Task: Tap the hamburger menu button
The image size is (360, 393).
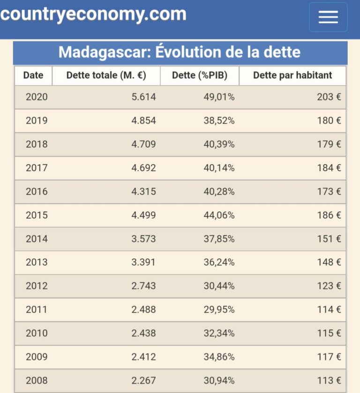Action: pos(328,17)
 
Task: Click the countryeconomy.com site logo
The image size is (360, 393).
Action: pos(93,15)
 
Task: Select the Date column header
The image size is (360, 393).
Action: pos(33,75)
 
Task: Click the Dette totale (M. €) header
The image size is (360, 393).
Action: pos(106,75)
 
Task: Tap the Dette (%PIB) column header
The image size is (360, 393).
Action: pos(200,75)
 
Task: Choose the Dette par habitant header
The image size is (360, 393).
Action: pos(292,75)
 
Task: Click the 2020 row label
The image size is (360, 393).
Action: pos(37,97)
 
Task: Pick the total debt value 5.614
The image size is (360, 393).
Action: pos(143,97)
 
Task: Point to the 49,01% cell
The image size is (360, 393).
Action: pos(219,97)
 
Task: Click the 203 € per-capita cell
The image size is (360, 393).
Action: pos(329,97)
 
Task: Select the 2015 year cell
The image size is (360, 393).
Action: pos(37,215)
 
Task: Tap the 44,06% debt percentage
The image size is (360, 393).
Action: pos(219,215)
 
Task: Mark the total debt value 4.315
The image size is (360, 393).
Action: pos(143,191)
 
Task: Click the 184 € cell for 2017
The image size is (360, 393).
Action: pos(329,167)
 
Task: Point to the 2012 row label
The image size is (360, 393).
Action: pos(37,286)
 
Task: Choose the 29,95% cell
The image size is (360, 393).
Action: pos(219,310)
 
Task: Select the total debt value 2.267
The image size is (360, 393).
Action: pos(143,380)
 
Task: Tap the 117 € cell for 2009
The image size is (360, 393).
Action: pos(329,357)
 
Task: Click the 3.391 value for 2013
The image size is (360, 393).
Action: pos(143,262)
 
